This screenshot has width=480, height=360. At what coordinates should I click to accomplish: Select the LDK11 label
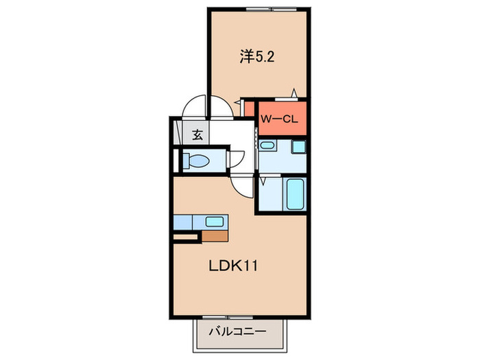click(x=232, y=265)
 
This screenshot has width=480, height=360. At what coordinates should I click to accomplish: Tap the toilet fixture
click(x=197, y=162)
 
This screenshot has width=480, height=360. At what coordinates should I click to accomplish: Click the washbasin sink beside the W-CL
click(x=268, y=146)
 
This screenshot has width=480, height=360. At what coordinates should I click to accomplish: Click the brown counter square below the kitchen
click(x=215, y=237)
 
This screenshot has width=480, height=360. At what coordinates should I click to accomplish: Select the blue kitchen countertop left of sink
click(x=186, y=221)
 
